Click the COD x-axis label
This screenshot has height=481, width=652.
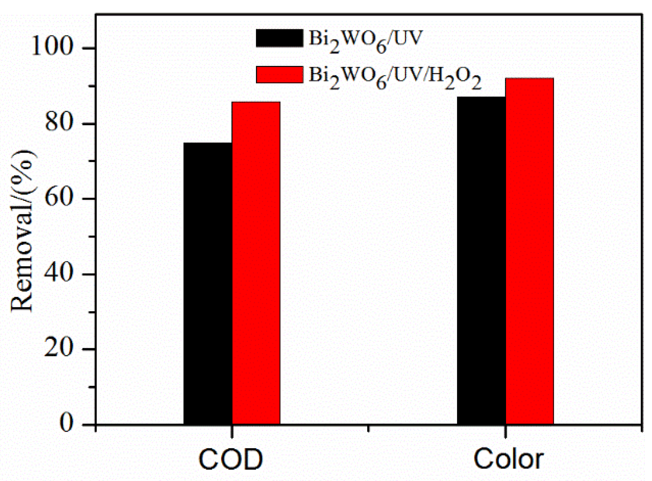click(231, 459)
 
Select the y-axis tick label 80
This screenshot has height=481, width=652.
click(58, 123)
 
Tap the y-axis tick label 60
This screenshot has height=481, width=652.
click(58, 198)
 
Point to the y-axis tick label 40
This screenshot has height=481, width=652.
click(58, 274)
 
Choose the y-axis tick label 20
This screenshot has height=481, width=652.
click(58, 349)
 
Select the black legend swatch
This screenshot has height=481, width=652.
click(279, 38)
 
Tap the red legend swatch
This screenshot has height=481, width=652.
click(279, 74)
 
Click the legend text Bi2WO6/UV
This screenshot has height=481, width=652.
click(365, 40)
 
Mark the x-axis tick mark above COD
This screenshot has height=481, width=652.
click(232, 431)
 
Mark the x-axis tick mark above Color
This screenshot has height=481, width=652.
click(505, 431)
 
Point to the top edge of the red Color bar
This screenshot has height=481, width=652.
click(530, 79)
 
